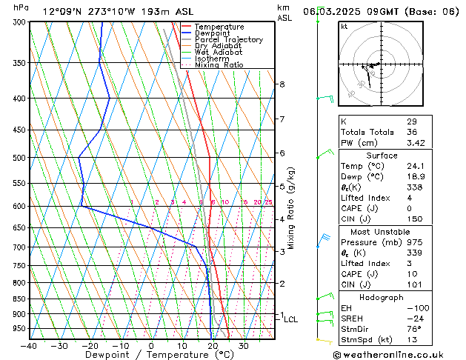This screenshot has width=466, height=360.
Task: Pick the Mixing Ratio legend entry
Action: pos(219,65)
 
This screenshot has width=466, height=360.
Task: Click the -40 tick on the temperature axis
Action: pos(29,346)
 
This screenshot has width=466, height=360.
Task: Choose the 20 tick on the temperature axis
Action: pos(213,346)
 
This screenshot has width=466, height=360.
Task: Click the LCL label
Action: pos(291,319)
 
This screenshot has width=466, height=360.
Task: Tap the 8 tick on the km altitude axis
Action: pos(282,84)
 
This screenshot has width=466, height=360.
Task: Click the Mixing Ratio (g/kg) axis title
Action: pos(292,208)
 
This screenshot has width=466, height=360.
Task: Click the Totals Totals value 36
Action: pos(412,132)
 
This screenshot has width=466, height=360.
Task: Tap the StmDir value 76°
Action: pos(413,329)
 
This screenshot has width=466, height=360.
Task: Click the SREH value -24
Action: pos(413,319)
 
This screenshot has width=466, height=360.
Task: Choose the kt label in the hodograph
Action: pos(344,27)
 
